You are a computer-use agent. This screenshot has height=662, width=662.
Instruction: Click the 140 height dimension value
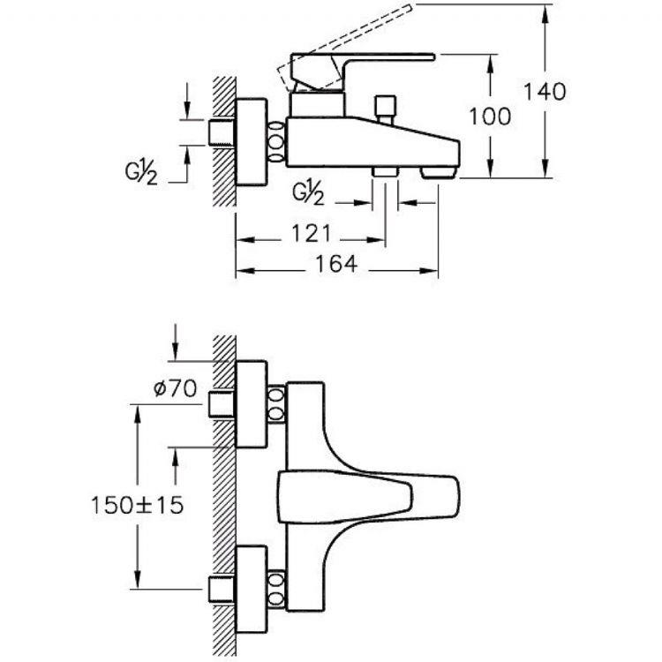pyautogui.click(x=545, y=92)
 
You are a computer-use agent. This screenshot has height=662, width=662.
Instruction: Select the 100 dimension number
pyautogui.click(x=490, y=117)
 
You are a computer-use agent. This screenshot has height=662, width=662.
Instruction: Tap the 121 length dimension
pyautogui.click(x=312, y=234)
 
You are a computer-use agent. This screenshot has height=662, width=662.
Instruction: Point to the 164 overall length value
pyautogui.click(x=336, y=264)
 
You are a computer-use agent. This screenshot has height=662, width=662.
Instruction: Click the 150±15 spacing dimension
pyautogui.click(x=137, y=505)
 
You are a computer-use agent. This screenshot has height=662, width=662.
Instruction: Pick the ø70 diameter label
pyautogui.click(x=175, y=388)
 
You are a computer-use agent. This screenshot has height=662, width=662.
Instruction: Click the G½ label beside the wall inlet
pyautogui.click(x=141, y=172)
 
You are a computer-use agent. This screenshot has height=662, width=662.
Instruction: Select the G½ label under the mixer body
pyautogui.click(x=309, y=192)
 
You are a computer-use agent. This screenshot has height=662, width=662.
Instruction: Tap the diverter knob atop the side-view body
pyautogui.click(x=385, y=109)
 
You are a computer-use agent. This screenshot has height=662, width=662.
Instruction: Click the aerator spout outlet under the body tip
pyautogui.click(x=438, y=172)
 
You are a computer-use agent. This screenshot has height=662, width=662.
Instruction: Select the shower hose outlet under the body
pyautogui.click(x=385, y=171)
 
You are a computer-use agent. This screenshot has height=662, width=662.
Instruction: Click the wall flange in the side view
pyautogui.click(x=252, y=142)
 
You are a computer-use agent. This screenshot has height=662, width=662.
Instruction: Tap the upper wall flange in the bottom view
pyautogui.click(x=252, y=404)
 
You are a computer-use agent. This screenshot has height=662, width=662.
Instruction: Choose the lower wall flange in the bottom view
pyautogui.click(x=252, y=590)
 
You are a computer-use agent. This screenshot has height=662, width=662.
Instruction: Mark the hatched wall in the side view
pyautogui.click(x=224, y=142)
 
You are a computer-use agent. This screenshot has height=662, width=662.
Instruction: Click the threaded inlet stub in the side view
pyautogui.click(x=222, y=132)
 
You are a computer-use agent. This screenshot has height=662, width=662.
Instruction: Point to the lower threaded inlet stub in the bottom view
pyautogui.click(x=222, y=589)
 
